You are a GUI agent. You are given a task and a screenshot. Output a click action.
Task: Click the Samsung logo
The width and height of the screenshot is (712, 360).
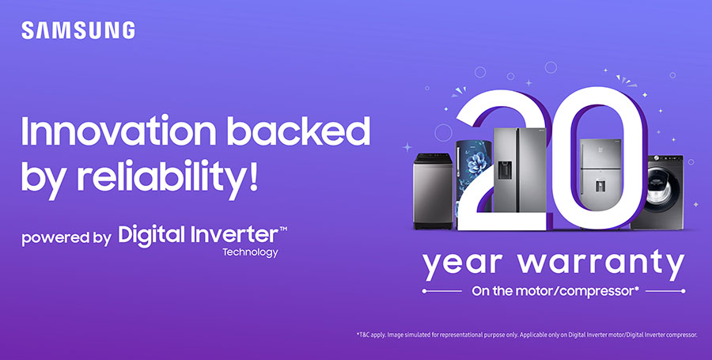78,30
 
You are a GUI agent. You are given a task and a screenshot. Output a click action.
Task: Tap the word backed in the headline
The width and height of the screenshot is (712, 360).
298,131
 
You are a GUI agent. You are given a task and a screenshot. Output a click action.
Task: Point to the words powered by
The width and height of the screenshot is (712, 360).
66,238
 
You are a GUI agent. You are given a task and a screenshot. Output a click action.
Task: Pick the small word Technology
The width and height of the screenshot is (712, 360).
250,252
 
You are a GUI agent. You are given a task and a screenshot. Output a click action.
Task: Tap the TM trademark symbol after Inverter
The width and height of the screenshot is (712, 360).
283,229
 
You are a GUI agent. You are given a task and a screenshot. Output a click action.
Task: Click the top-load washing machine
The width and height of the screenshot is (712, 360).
433,191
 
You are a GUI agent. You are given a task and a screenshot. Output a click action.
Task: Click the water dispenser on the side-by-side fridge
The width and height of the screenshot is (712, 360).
505,170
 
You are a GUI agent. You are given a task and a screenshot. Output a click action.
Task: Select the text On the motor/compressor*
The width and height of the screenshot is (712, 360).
555,291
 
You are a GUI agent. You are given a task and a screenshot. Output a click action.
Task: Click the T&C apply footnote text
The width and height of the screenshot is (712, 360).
527,335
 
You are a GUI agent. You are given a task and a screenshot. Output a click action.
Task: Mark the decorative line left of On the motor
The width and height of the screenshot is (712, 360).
441,291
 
